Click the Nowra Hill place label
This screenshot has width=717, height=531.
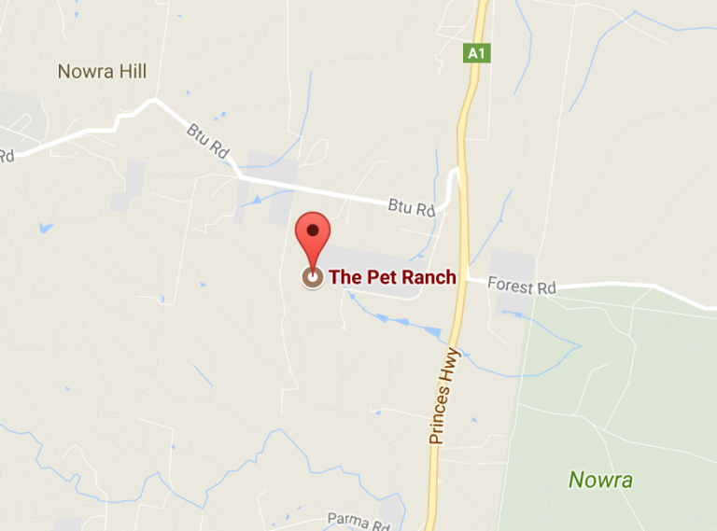tap(102, 72)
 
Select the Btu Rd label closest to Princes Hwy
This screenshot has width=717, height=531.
tap(413, 208)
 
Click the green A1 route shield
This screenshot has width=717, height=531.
tap(476, 53)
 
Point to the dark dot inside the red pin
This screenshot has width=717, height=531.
tap(313, 229)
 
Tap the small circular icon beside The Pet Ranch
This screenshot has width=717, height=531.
tap(312, 277)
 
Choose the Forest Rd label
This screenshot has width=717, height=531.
tap(523, 287)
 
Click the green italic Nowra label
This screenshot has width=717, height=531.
tap(600, 481)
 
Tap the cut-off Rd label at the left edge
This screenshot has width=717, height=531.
tap(7, 156)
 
